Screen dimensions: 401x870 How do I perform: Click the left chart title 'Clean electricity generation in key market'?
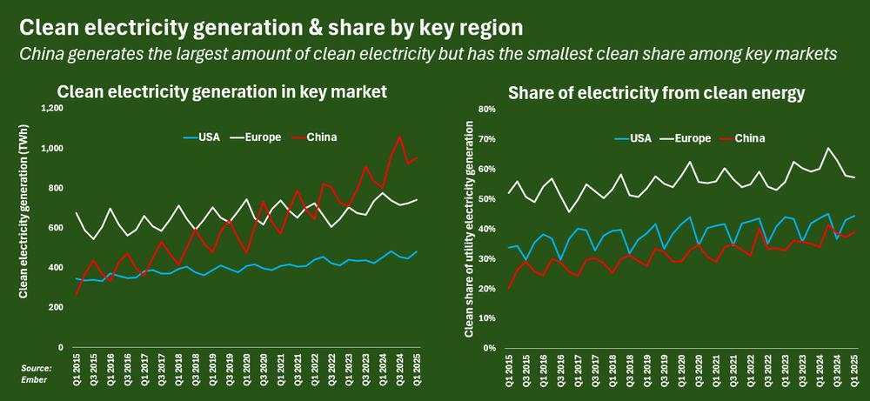click(222, 91)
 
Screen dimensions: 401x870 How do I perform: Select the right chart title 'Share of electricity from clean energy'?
click(656, 91)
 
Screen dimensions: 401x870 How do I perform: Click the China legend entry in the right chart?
click(750, 137)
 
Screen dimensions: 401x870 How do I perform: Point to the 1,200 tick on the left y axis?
click(52, 108)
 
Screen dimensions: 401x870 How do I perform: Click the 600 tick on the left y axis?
click(57, 228)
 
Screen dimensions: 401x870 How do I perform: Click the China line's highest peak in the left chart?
click(399, 137)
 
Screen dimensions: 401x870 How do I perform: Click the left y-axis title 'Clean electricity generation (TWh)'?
click(24, 228)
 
